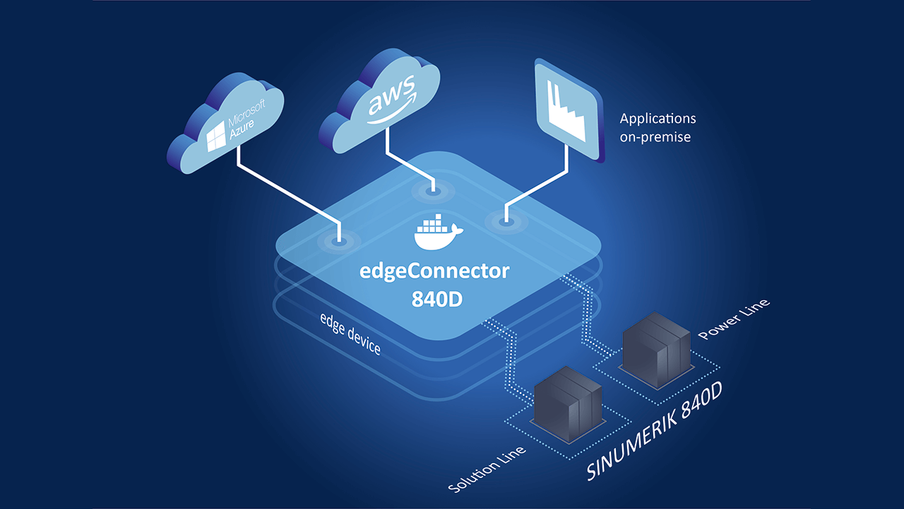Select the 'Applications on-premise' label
coord(658,127)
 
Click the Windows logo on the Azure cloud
coord(216,137)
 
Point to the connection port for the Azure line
coord(340,241)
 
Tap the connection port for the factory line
coord(506,221)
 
